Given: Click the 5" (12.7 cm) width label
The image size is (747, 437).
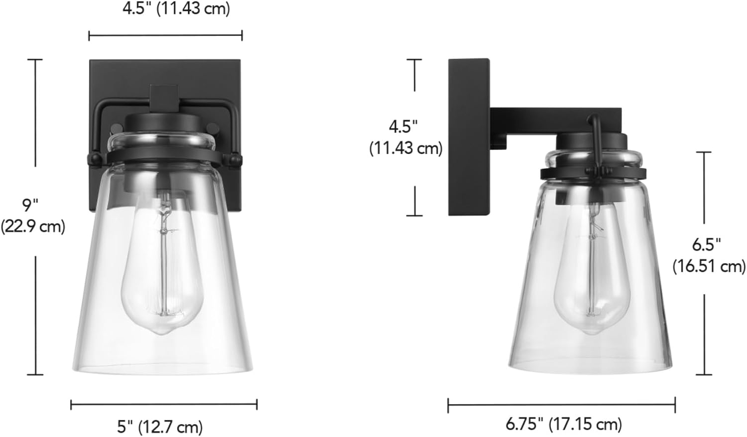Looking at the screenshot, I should pyautogui.click(x=160, y=427).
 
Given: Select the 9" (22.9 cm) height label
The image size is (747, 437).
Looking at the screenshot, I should pyautogui.click(x=32, y=215).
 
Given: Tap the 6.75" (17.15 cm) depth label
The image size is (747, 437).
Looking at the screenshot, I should pyautogui.click(x=564, y=424).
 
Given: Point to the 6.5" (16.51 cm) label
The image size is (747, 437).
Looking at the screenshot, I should pyautogui.click(x=709, y=255).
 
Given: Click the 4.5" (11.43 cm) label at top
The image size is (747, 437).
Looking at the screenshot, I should pyautogui.click(x=176, y=9).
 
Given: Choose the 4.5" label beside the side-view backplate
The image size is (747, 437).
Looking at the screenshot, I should pyautogui.click(x=405, y=137).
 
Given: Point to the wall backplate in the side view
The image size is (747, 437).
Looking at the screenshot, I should pyautogui.click(x=468, y=137).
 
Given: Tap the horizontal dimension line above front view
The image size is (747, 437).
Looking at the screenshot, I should pyautogui.click(x=165, y=35).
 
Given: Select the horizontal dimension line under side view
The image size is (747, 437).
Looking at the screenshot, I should pyautogui.click(x=561, y=405).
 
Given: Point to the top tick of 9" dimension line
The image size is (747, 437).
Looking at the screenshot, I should pyautogui.click(x=35, y=60).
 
